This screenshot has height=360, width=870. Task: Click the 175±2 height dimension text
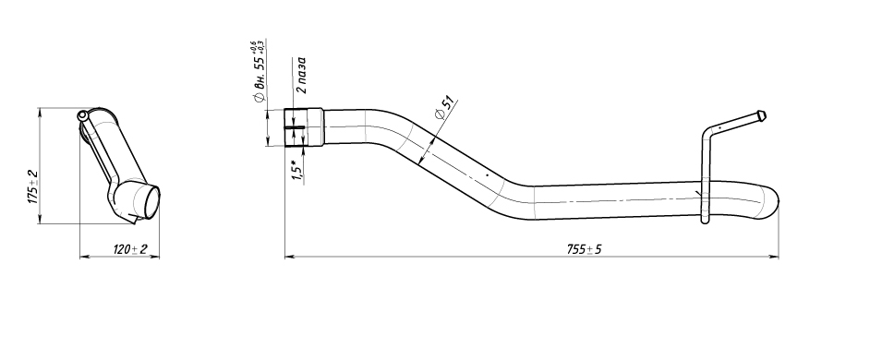pos(34,187)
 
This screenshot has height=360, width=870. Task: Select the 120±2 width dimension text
pos(130,249)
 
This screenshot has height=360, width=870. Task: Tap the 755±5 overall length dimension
pos(584,249)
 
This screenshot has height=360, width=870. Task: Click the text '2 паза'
pos(301,75)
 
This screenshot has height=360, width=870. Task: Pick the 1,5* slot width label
pos(298,170)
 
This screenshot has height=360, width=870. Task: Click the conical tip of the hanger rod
pos(764,115)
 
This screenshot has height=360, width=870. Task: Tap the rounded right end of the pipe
pos(773,198)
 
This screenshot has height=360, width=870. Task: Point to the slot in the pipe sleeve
pos(295,128)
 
